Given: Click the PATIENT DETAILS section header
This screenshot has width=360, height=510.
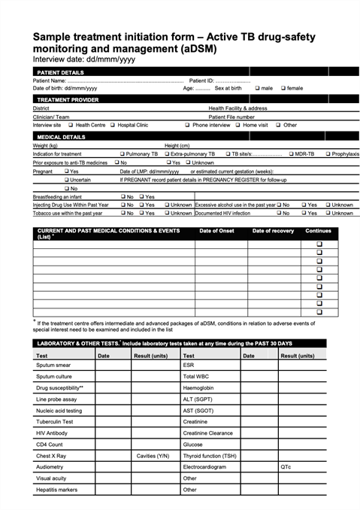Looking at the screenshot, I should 61,72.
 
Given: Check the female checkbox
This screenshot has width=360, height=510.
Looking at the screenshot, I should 283,88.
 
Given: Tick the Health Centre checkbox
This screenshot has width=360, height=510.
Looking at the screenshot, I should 71,125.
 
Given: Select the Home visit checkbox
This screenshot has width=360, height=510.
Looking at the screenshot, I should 236,125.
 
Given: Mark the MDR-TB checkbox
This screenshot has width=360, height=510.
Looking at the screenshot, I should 291,153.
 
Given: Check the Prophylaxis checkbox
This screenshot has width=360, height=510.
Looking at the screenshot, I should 328,153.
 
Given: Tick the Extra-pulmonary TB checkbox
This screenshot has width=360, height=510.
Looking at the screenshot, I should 166,153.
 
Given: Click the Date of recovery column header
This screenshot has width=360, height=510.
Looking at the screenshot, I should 273,231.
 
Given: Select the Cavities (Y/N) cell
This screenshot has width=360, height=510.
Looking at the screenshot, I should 153,455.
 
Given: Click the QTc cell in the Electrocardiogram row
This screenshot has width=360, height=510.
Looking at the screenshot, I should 286,466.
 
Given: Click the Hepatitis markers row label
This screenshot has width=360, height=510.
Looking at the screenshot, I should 56,489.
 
